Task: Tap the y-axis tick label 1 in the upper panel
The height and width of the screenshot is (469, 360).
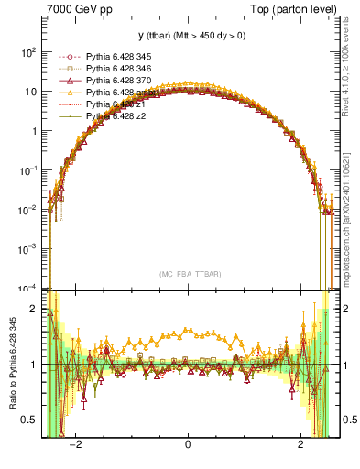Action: click(x=34, y=131)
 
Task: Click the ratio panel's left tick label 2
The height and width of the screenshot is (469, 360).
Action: click(x=34, y=310)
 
